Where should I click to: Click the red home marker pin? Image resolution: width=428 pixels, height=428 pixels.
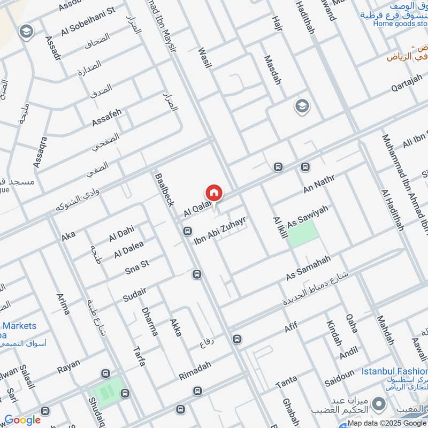click(213, 193)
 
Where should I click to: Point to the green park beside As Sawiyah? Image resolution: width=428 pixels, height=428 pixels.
click(303, 234)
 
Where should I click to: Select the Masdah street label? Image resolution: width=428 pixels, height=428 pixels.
click(272, 70)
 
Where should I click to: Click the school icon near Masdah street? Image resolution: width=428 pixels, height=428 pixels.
click(302, 106)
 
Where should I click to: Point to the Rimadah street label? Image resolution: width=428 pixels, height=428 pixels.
click(195, 370)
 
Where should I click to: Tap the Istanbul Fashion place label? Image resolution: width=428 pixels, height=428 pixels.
click(394, 371)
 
